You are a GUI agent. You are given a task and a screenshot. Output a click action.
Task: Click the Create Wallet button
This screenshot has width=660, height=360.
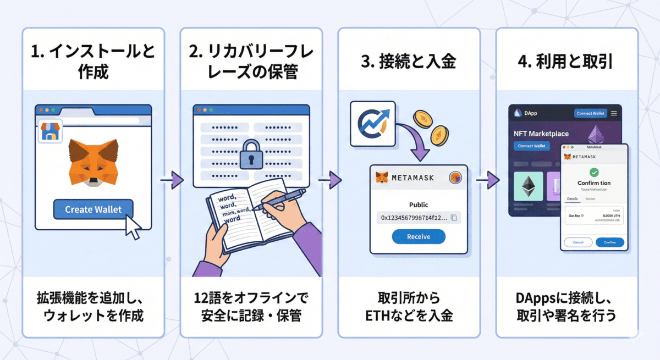click(93, 209)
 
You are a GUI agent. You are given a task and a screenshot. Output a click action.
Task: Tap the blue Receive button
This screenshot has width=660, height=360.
click(419, 236)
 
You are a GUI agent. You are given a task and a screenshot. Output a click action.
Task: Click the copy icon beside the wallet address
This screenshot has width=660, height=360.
click(454, 218)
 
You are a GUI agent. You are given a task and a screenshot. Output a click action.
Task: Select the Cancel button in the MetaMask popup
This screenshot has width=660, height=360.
click(578, 242)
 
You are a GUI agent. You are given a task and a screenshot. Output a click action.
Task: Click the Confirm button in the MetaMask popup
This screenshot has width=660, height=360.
click(610, 242)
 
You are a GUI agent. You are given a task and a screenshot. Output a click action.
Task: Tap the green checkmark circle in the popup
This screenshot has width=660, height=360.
click(594, 172)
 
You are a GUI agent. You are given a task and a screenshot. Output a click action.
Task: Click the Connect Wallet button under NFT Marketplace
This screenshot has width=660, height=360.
click(532, 146)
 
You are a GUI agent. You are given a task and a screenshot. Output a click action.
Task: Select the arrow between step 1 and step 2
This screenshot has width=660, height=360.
click(172, 179)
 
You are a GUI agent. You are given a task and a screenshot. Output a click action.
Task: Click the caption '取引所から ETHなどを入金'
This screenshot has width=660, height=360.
click(409, 307)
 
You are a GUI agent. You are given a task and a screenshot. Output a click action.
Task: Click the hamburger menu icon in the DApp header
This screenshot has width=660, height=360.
click(614, 113)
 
